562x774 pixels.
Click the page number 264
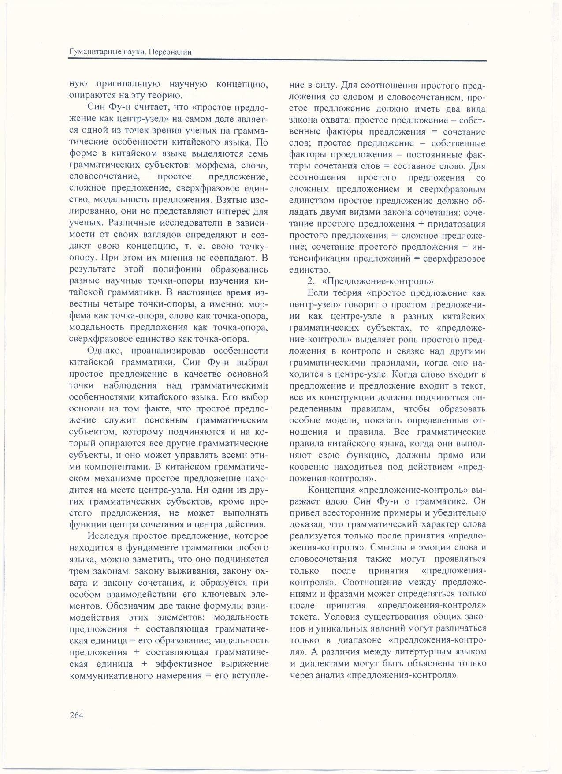[77, 715]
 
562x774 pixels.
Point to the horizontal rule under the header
[278, 60]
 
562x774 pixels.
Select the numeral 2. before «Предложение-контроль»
[310, 281]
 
